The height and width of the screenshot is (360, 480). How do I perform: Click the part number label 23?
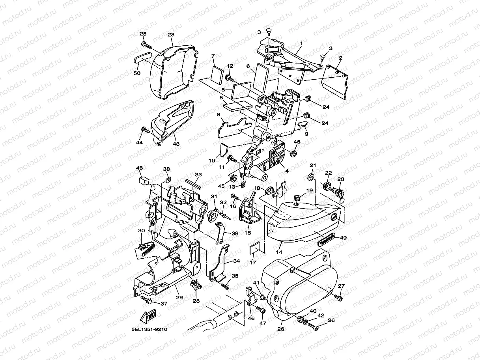click(171, 35)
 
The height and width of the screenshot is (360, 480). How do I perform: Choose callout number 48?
click(139, 168)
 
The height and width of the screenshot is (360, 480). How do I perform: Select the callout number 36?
click(331, 321)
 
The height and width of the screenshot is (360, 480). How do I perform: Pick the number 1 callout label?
click(301, 43)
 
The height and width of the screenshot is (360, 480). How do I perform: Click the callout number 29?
click(179, 297)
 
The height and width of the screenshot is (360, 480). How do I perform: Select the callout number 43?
click(176, 144)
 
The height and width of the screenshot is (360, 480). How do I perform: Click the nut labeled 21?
click(312, 176)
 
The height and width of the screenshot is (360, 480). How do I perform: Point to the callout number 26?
click(281, 329)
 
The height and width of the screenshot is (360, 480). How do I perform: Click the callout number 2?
click(340, 58)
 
